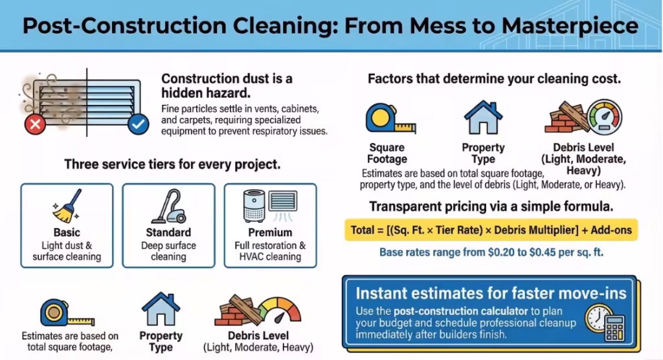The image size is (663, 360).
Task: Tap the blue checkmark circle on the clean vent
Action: [138, 124]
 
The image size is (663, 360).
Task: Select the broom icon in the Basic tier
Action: [67, 206]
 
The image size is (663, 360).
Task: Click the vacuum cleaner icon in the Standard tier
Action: [168, 207]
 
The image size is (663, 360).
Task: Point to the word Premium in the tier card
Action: [270, 232]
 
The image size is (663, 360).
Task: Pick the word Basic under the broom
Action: [67, 232]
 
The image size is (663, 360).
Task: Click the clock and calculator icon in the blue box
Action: [605, 322]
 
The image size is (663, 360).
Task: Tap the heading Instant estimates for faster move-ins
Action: [491, 293]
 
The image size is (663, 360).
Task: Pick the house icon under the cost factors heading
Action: [483, 118]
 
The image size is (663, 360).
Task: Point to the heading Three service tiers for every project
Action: [172, 164]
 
